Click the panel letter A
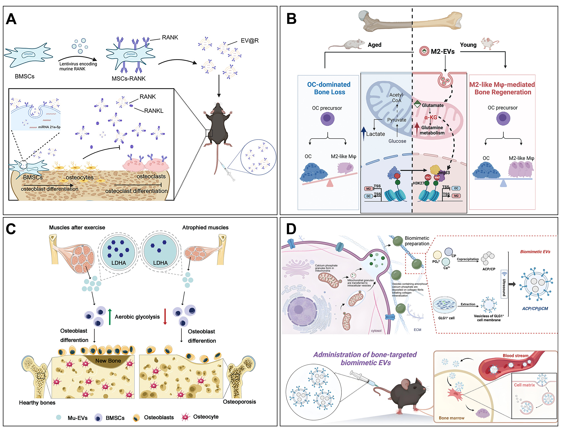11,19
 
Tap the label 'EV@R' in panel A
249,41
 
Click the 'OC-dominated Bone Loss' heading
329,88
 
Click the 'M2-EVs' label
443,52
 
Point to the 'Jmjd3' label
443,173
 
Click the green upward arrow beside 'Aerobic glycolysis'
110,317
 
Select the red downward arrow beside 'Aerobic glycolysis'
165,317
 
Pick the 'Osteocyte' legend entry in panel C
205,417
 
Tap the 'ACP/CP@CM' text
535,309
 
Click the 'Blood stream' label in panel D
515,356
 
